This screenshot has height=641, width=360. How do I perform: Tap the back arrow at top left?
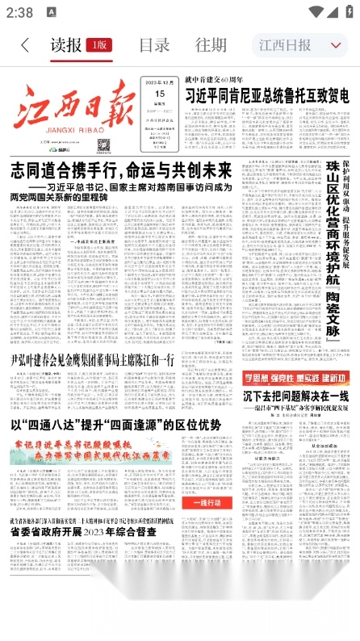[x=26, y=45]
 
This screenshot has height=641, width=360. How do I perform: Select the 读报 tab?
[x=66, y=45]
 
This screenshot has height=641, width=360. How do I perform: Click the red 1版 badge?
[x=101, y=45]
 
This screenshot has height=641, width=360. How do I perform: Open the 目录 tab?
[x=153, y=45]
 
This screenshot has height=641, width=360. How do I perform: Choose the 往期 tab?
[x=211, y=45]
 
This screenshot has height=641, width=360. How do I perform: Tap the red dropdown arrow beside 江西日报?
[x=336, y=45]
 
